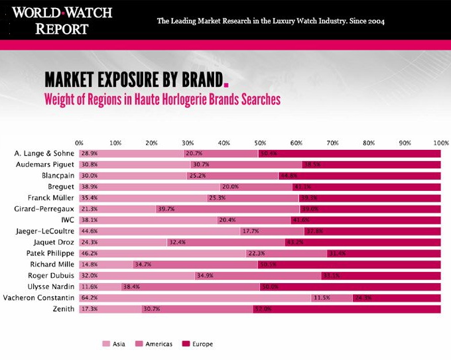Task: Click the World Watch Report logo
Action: (62, 20)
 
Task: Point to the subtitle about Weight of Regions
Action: (162, 99)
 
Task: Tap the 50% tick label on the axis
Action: (260, 143)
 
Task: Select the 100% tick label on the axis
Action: (440, 143)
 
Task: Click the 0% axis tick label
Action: (80, 143)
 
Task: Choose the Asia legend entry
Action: (114, 344)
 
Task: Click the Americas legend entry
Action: (155, 344)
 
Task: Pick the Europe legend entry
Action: (198, 344)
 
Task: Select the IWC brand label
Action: (66, 220)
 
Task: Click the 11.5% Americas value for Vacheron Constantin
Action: (322, 298)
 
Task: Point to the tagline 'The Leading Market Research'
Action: (271, 21)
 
